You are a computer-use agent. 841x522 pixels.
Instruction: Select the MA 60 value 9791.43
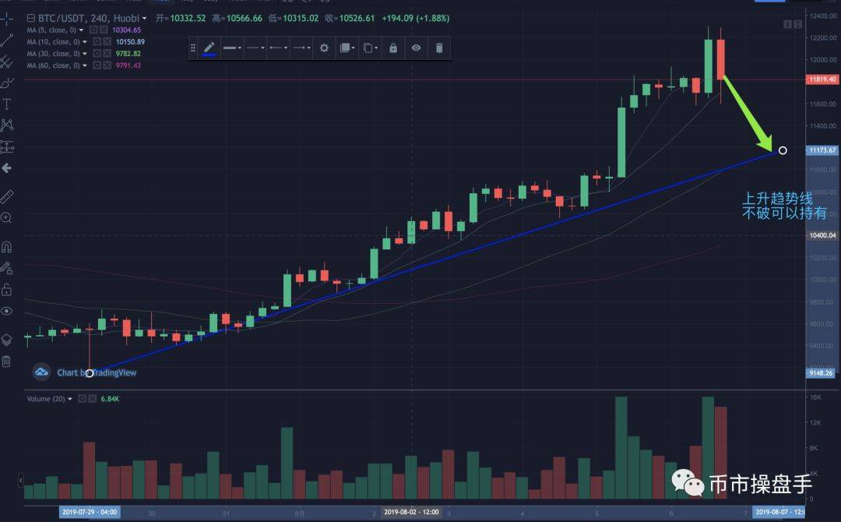coord(125,65)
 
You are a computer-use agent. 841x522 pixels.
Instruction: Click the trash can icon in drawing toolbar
coord(439,48)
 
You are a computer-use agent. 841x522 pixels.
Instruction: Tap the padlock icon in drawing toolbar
coord(392,48)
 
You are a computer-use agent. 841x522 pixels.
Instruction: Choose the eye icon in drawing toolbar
coord(417,48)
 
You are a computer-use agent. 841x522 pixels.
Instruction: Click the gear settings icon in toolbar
coord(324,48)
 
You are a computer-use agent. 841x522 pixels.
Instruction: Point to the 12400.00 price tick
coord(822,16)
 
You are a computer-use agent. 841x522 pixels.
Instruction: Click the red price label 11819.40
coord(822,79)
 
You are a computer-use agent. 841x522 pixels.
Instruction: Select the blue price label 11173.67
coord(822,150)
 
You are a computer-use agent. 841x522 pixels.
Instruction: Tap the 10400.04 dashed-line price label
coord(822,235)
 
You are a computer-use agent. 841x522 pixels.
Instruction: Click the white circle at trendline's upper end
coord(783,150)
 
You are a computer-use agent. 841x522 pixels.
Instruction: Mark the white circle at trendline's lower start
coord(90,373)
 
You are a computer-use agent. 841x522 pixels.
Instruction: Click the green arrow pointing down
coord(747,113)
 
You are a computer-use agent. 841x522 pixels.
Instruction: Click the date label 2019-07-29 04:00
coord(90,512)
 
